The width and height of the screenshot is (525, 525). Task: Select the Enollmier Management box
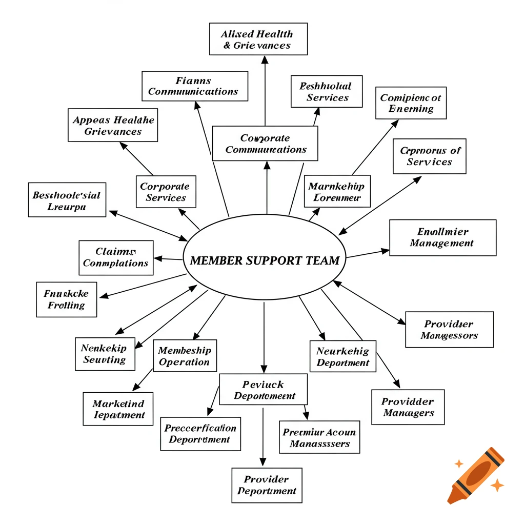click(x=442, y=237)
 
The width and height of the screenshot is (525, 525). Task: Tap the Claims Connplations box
click(x=116, y=257)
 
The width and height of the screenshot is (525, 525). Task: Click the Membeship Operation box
click(x=185, y=356)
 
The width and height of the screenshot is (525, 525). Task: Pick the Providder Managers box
click(x=408, y=407)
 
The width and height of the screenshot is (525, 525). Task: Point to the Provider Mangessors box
click(x=449, y=330)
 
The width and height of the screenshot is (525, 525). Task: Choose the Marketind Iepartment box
click(x=118, y=409)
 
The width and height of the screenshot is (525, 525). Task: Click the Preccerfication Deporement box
click(x=200, y=434)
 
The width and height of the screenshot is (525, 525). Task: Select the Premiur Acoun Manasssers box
click(x=319, y=437)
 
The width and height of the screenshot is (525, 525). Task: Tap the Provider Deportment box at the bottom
click(x=267, y=485)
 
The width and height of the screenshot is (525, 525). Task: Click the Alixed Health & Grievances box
click(x=258, y=39)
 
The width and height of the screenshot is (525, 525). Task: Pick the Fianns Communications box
click(x=194, y=86)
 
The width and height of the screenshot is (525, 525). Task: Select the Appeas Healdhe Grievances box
click(x=113, y=125)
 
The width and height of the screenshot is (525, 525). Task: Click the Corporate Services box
click(x=165, y=192)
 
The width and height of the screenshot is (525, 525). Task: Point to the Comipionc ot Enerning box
click(x=411, y=103)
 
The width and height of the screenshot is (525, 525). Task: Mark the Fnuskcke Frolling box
click(x=67, y=299)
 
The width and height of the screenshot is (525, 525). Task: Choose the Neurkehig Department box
click(x=343, y=356)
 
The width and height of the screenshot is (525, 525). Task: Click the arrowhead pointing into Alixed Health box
click(x=265, y=59)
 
